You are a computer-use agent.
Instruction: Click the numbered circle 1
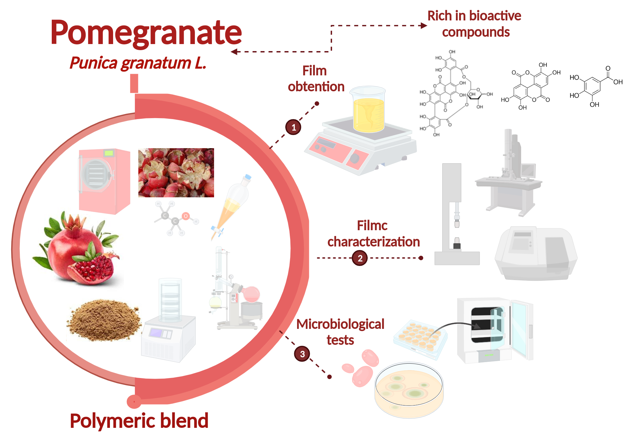click(293, 127)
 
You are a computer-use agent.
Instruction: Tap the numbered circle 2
click(360, 258)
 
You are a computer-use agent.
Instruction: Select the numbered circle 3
click(302, 354)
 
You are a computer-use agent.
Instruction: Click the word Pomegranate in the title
click(146, 33)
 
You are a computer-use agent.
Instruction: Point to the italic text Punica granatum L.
click(138, 63)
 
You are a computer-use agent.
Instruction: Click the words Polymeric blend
click(139, 421)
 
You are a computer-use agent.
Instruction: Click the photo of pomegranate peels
click(176, 172)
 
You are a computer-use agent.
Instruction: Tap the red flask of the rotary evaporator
click(251, 294)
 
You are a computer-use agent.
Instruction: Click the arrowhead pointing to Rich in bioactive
click(424, 26)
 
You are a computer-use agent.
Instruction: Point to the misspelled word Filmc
click(372, 226)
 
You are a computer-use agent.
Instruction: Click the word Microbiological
click(340, 324)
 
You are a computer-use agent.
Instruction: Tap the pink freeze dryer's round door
click(96, 175)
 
